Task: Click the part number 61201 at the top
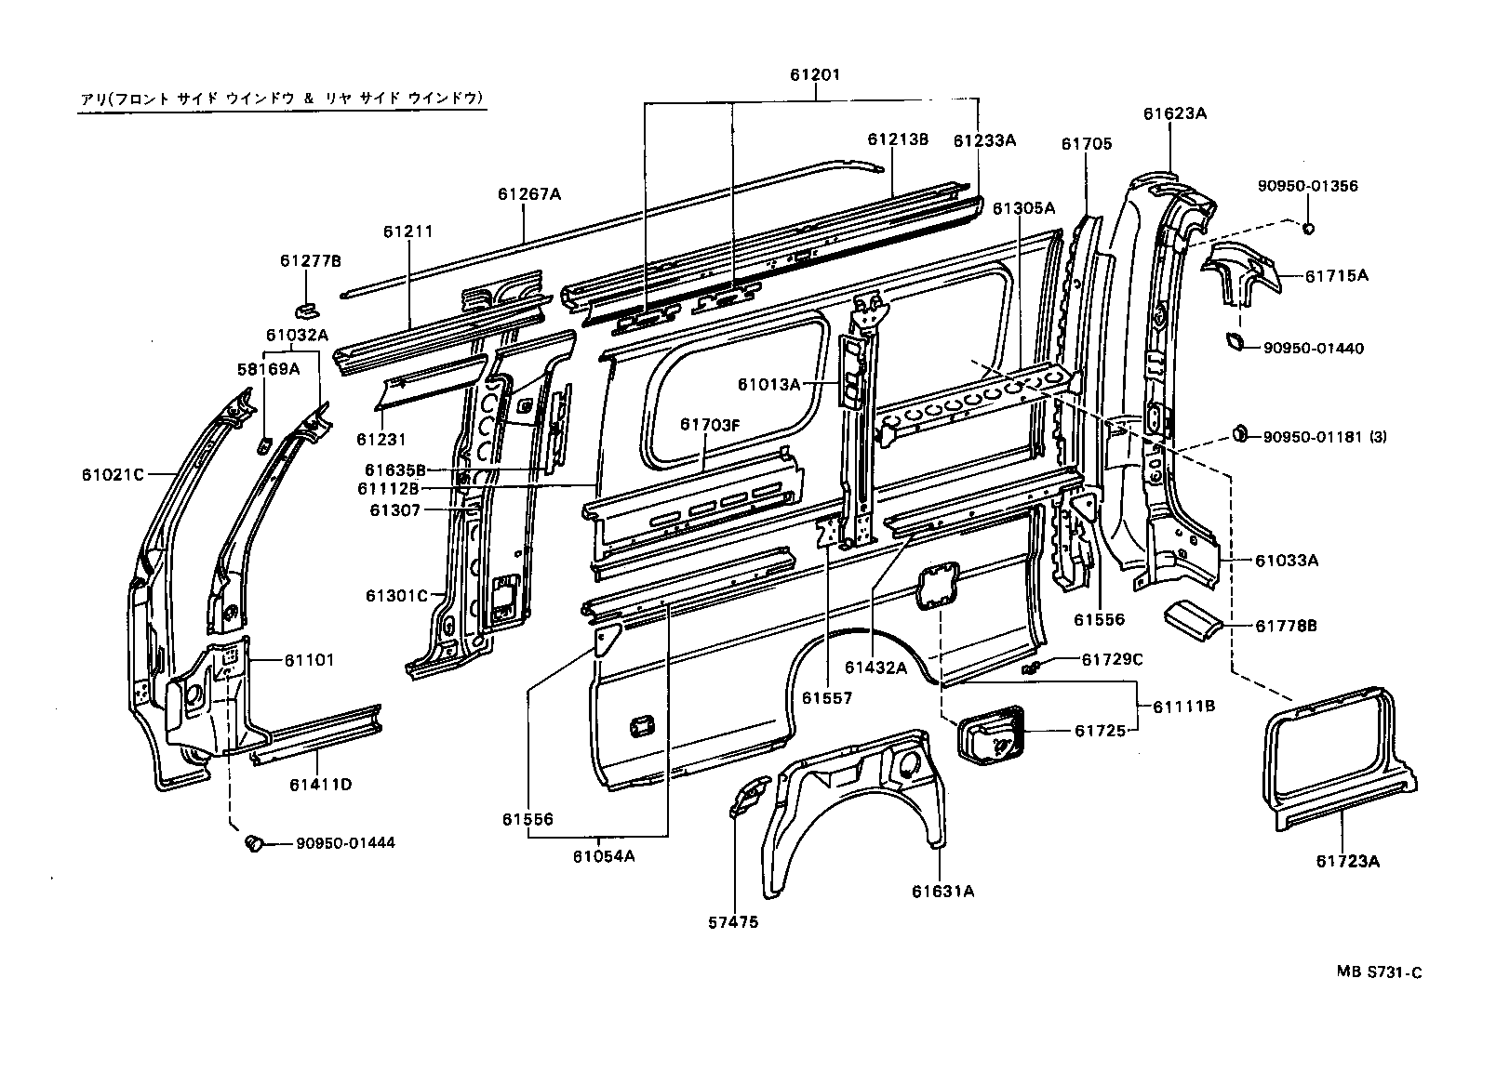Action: (x=814, y=74)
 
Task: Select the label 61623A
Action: (x=1175, y=113)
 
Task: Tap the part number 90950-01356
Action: (x=1308, y=186)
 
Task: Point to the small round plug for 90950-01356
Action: (x=1308, y=228)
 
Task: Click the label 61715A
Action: (x=1337, y=275)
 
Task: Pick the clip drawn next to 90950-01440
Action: (x=1235, y=341)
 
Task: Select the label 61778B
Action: (x=1287, y=626)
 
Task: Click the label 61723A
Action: (x=1348, y=862)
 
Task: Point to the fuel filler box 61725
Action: (x=991, y=735)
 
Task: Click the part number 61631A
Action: (x=943, y=892)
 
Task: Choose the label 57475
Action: (x=733, y=922)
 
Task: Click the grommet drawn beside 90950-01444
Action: (x=253, y=843)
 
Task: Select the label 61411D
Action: (x=321, y=785)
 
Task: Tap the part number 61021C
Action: (x=113, y=474)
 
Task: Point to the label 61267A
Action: (x=529, y=194)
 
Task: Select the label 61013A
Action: (x=768, y=384)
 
